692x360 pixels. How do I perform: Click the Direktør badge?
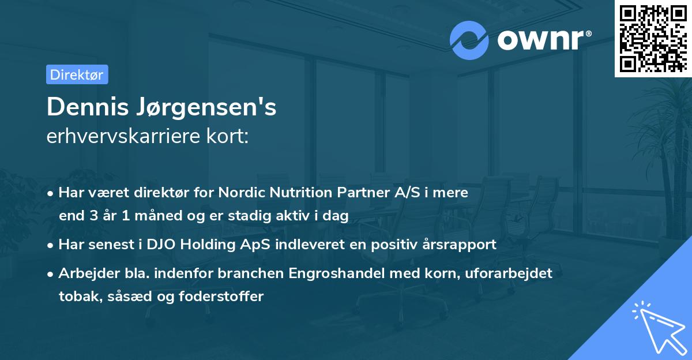(x=77, y=74)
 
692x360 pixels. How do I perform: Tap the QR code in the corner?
(x=653, y=38)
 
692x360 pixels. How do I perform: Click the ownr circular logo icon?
(x=469, y=40)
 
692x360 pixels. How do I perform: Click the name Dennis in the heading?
(x=88, y=107)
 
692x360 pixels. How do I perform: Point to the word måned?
(x=145, y=216)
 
